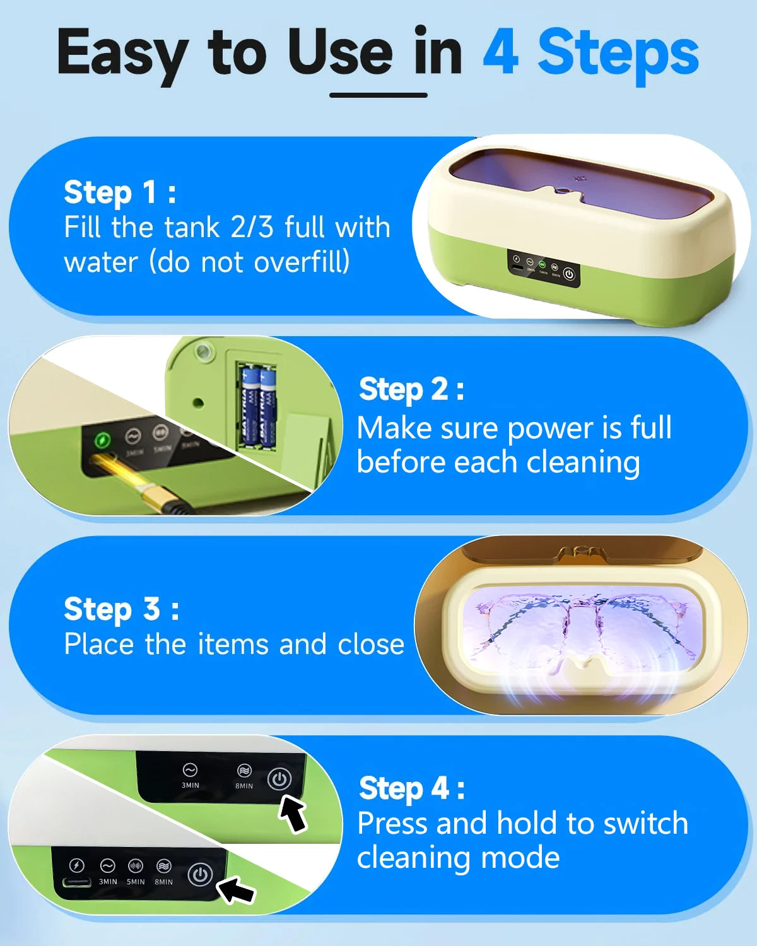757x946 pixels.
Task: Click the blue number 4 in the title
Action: [501, 53]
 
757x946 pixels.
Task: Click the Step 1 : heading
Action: [120, 192]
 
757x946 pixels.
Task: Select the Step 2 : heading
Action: [411, 389]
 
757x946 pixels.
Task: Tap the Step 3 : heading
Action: [121, 609]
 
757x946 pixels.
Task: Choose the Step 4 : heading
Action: [411, 788]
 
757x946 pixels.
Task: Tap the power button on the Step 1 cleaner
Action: [569, 274]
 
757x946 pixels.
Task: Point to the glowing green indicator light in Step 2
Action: [102, 440]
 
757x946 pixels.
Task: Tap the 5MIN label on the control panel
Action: [136, 882]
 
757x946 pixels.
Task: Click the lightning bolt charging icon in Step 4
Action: [76, 865]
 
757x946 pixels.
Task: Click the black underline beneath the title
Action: [378, 95]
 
